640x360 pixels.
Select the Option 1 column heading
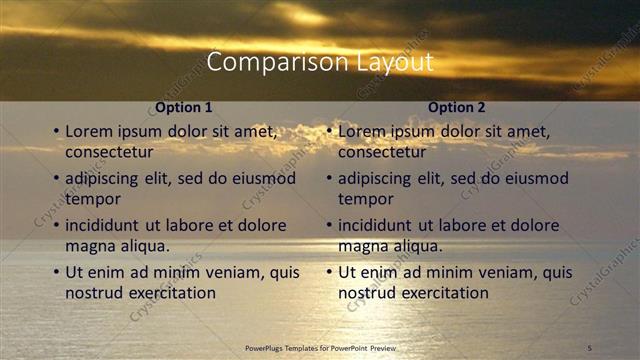184,107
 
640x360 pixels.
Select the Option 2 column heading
457,107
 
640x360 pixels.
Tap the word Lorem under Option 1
88,131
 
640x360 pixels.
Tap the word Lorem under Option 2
361,131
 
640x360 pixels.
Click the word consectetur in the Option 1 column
109,153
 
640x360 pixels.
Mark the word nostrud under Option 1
93,293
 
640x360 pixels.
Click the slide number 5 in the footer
590,347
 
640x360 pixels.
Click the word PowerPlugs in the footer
268,347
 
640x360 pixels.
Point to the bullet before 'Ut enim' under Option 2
328,272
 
